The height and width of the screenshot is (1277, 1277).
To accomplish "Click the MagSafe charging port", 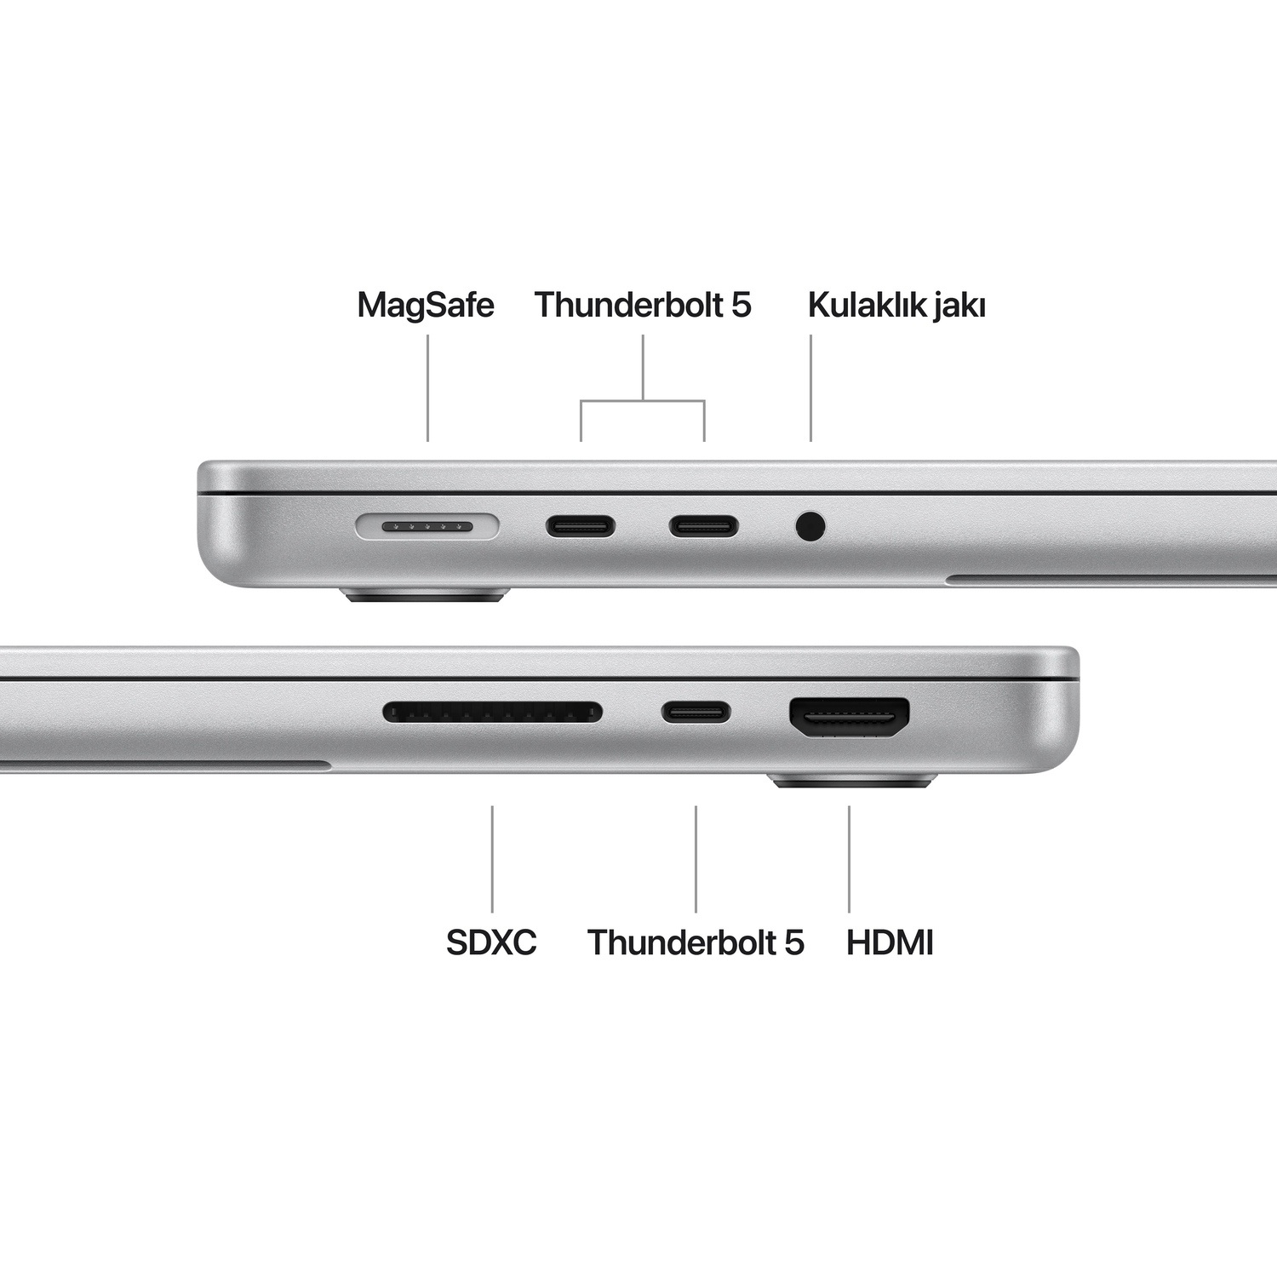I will (427, 527).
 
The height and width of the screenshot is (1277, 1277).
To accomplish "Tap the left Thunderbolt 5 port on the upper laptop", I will (581, 527).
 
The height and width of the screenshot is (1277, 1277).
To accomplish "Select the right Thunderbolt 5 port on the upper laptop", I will (703, 527).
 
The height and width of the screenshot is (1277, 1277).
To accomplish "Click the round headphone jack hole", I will (810, 526).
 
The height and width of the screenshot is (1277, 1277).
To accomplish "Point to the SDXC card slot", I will (492, 712).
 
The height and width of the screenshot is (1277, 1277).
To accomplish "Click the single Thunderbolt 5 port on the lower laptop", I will (696, 712).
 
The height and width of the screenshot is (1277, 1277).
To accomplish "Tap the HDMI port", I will (850, 718).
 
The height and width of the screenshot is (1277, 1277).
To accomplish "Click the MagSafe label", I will (426, 305).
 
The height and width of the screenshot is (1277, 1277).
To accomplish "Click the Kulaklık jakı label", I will (896, 305).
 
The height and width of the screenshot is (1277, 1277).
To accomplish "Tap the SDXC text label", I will (491, 942).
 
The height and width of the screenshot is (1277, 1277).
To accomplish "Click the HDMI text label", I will (890, 942).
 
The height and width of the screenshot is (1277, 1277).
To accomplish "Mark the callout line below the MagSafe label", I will (427, 388).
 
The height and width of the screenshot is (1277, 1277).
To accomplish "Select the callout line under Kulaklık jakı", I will (810, 388).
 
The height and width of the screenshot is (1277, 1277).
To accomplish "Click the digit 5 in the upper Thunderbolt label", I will (742, 305).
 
